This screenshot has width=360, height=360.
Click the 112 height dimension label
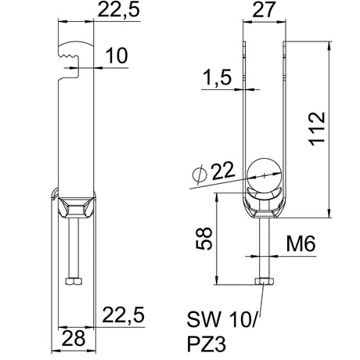coord(317,128)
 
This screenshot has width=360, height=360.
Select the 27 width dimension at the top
coord(264,9)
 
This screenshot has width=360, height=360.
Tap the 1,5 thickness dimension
coord(217,77)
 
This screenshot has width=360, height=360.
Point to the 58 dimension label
coord(204,239)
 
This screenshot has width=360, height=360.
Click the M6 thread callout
coord(301,243)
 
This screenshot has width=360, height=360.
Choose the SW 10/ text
coord(222,319)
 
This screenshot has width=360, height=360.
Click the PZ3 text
coord(207,344)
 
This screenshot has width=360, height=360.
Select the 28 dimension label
coord(74,338)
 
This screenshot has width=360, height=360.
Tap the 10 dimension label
coord(117,56)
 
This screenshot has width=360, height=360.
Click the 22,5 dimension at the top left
coord(119,10)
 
